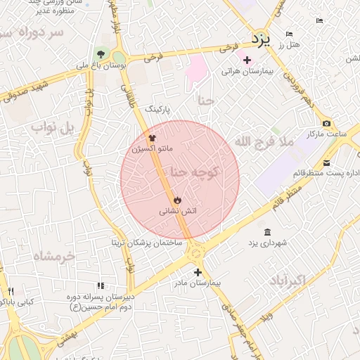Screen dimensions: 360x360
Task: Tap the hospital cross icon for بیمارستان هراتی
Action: [246, 60]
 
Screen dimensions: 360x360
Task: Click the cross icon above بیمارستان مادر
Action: [198, 272]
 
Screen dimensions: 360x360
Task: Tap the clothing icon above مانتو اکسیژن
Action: [152, 138]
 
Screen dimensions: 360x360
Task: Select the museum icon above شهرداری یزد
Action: [266, 232]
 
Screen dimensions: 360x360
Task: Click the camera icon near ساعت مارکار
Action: [326, 123]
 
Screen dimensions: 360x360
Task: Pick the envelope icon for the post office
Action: [326, 163]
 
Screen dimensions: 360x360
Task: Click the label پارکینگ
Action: [157, 110]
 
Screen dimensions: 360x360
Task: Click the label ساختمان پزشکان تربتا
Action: [146, 243]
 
